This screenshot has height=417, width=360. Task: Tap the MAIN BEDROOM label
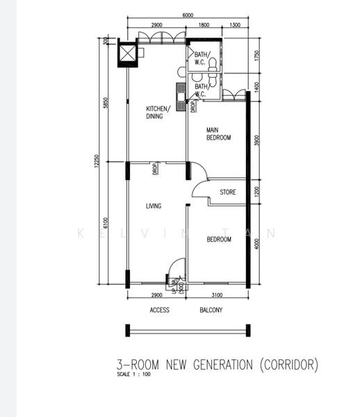[218, 133]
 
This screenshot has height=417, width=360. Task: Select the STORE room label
[228, 193]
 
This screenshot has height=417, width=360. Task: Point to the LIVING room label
[154, 206]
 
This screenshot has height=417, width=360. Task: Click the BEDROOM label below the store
[219, 239]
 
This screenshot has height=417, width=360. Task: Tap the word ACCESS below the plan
[159, 311]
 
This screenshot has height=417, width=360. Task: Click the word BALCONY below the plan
[211, 311]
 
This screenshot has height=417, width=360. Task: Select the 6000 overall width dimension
[188, 15]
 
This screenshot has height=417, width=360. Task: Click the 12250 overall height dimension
[98, 161]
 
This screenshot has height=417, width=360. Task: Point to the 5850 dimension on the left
[106, 102]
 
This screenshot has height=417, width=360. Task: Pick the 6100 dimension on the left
[106, 222]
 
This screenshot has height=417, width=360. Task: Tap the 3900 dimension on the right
[257, 141]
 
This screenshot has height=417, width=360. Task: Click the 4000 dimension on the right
[257, 244]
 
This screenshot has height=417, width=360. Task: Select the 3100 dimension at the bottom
[218, 295]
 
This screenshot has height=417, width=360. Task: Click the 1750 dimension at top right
[257, 56]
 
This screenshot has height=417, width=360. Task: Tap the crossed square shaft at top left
[129, 54]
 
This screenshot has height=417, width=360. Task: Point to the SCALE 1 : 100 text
[133, 375]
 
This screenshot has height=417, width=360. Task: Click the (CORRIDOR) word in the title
[289, 364]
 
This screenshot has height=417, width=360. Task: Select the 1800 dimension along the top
[204, 25]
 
